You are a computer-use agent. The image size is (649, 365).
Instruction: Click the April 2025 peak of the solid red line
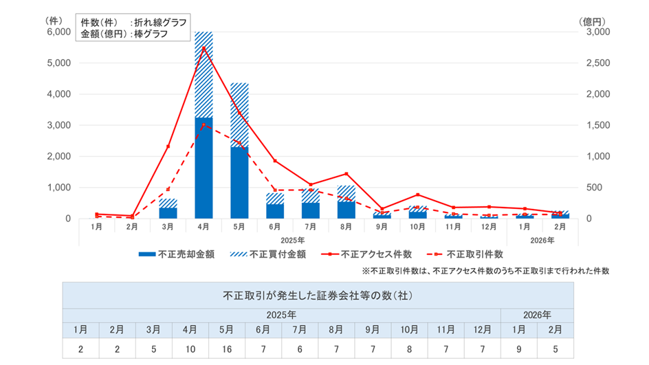[203, 47]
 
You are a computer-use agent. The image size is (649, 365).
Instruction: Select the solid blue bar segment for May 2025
[239, 182]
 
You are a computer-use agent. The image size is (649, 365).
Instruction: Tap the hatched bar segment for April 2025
[203, 76]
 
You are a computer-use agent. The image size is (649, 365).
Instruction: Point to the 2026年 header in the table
[537, 314]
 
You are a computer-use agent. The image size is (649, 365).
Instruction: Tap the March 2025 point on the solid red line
[168, 146]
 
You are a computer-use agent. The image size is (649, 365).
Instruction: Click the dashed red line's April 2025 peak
[203, 125]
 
